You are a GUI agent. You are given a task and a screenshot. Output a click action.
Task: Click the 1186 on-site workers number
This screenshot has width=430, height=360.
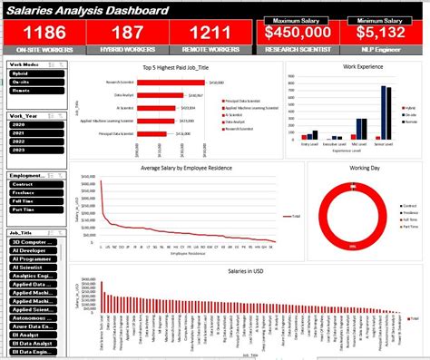point(42,33)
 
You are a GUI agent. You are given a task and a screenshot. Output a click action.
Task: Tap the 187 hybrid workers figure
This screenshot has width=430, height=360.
point(125,33)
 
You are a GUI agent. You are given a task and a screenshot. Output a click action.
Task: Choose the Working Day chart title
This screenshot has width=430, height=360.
point(366,168)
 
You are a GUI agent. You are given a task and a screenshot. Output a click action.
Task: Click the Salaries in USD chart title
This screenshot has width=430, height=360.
point(247,271)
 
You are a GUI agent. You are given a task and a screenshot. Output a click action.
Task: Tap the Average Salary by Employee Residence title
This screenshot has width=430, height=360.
point(187,169)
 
